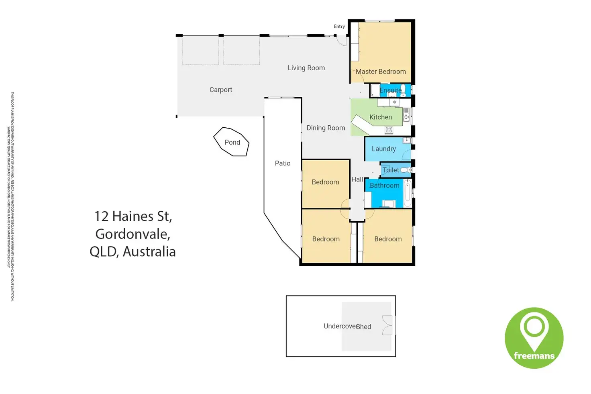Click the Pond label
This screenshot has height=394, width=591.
tap(232, 142)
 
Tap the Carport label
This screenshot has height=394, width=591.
tap(221, 90)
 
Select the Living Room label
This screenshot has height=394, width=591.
tap(306, 68)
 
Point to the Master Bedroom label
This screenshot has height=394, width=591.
tap(381, 71)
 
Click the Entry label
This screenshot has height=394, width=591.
tap(339, 27)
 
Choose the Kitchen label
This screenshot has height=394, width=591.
tap(381, 117)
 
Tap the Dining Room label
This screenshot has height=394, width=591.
tap(326, 128)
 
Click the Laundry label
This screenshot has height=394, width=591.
tap(383, 149)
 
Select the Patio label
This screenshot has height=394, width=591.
tap(283, 163)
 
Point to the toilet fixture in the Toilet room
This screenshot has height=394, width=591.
tap(406, 170)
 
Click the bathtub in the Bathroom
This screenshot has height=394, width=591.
tap(408, 194)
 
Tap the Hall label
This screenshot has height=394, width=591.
tap(357, 179)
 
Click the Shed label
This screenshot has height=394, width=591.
tap(364, 327)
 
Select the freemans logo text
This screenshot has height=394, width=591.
tap(534, 355)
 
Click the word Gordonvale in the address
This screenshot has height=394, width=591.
tap(132, 234)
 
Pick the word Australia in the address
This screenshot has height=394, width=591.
tap(149, 251)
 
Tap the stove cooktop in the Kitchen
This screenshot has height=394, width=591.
tap(389, 130)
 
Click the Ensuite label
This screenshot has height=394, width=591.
tap(391, 90)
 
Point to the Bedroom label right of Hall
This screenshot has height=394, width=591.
tap(388, 239)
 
